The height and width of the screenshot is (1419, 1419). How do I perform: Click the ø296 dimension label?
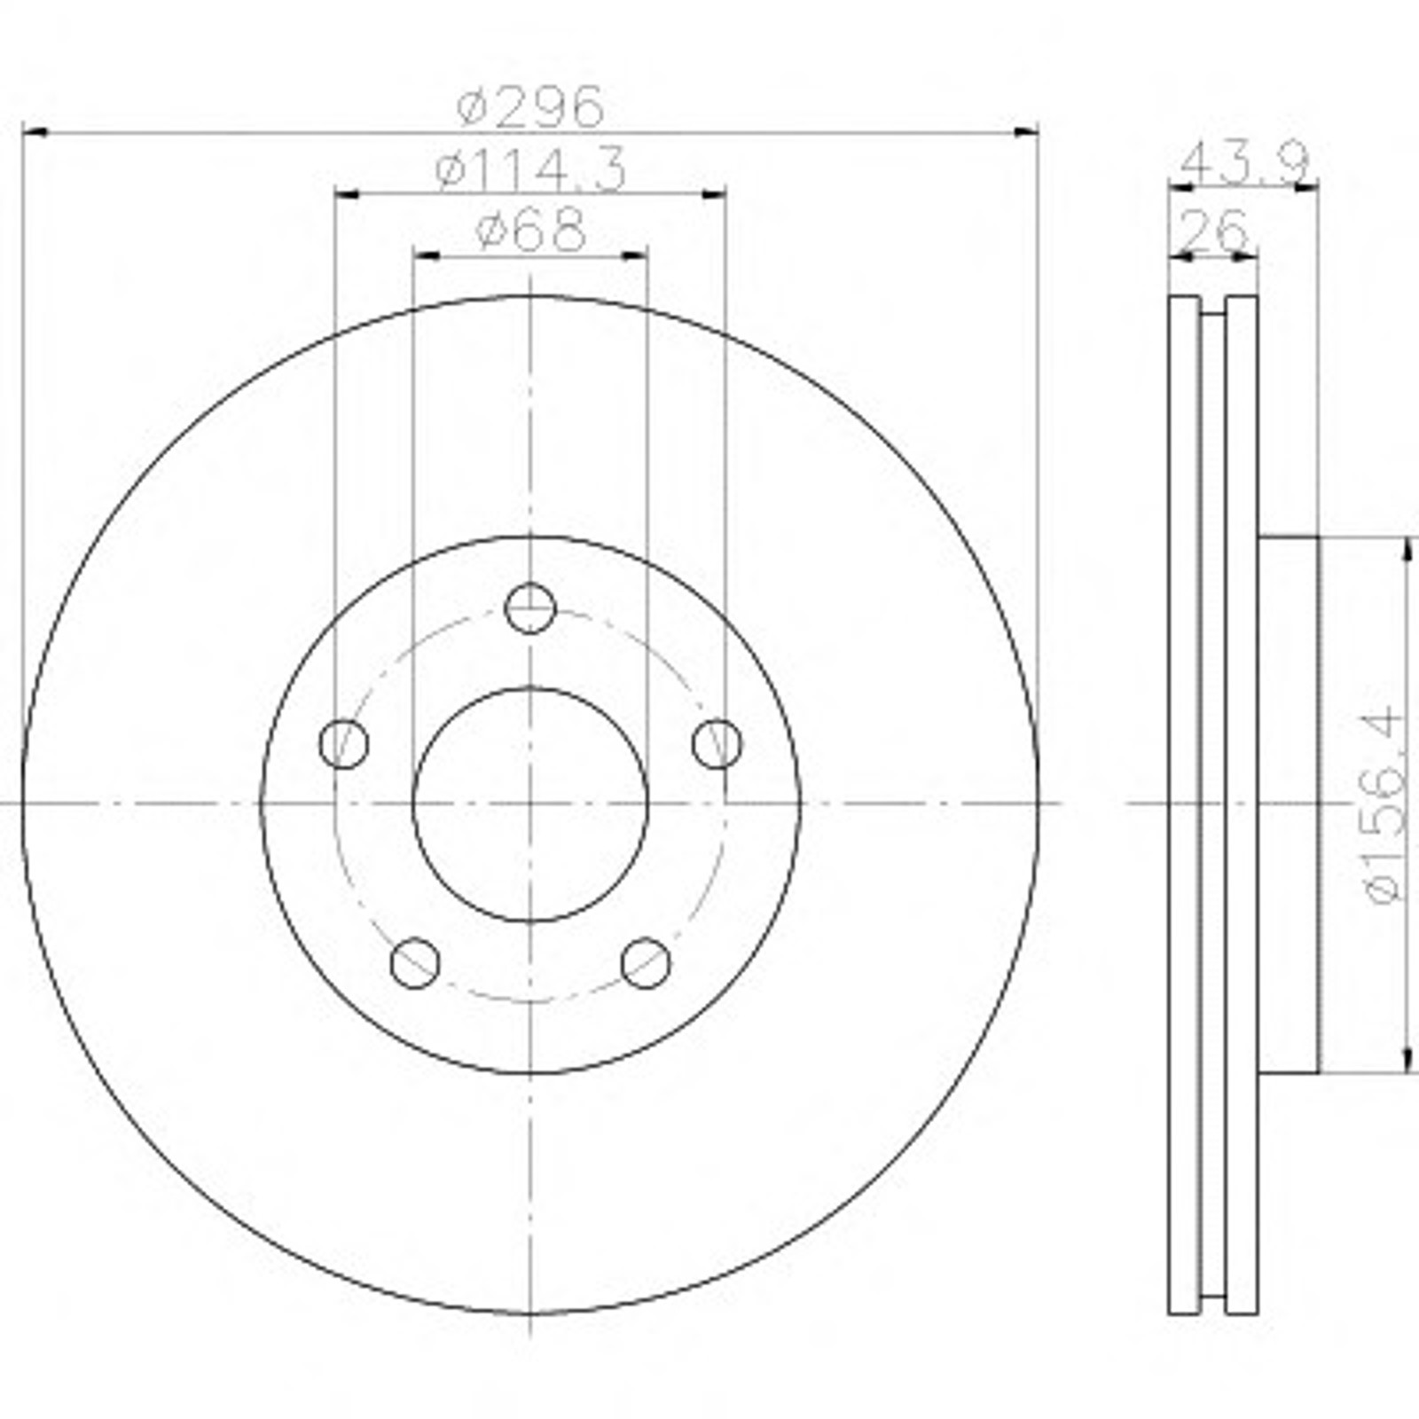[x=530, y=106]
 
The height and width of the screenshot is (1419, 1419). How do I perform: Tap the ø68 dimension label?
[x=530, y=231]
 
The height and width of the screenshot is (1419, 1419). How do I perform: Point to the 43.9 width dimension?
[x=1245, y=163]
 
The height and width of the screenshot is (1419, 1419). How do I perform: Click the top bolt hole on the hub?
[x=530, y=608]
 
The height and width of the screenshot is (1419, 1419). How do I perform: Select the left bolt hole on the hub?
[x=343, y=743]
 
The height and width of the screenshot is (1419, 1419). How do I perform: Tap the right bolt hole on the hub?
[x=717, y=743]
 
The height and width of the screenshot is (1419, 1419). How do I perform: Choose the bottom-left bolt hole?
[x=415, y=962]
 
